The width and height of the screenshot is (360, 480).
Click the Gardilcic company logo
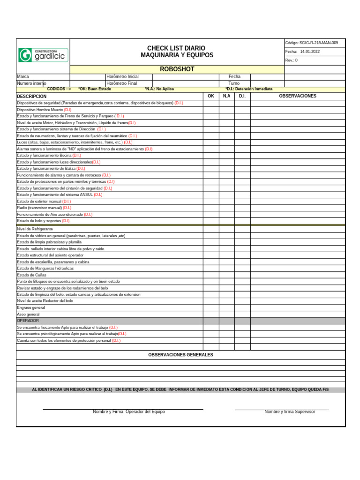43,55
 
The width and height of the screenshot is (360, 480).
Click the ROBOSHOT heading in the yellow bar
177,69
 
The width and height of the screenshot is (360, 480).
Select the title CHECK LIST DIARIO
176,48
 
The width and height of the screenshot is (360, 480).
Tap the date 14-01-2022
310,52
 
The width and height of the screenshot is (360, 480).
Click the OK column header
210,96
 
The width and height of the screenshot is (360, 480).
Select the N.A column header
226,96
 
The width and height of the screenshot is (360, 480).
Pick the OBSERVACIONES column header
298,96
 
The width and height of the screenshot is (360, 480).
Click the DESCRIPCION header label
32,96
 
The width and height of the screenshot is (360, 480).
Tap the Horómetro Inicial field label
122,76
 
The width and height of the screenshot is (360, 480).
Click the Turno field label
234,83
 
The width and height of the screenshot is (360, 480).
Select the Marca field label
23,76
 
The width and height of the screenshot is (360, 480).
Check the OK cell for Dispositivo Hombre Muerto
210,109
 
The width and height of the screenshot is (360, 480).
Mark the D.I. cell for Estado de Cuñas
242,275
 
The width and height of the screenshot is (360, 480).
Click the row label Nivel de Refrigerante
35,229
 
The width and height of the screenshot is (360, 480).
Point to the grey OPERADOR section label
28,321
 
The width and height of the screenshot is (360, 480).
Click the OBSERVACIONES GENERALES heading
180,355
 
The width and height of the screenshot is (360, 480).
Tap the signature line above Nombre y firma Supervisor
281,410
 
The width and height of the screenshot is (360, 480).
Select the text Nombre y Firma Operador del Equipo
128,412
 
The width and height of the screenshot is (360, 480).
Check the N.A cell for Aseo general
226,314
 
